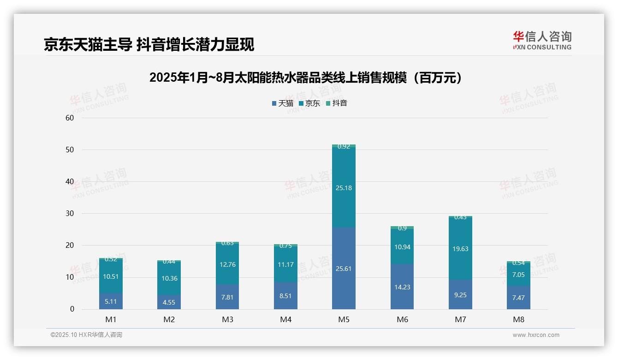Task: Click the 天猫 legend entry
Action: point(283,103)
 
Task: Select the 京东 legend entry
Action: point(309,103)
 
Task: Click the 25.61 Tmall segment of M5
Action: point(344,269)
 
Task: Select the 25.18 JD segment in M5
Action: point(344,188)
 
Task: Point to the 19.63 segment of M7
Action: point(460,249)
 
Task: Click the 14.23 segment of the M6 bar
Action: point(402,287)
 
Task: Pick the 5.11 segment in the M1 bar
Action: point(111,301)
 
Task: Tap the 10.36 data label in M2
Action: point(169,278)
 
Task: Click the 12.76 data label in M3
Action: point(227,264)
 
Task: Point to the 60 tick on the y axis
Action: point(70,118)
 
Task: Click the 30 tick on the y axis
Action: point(70,214)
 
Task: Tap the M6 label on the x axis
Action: point(402,319)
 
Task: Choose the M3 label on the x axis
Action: point(227,319)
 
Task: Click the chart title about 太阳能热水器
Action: point(305,78)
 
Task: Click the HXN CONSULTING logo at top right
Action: point(542,41)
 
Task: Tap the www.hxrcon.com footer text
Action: point(535,335)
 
